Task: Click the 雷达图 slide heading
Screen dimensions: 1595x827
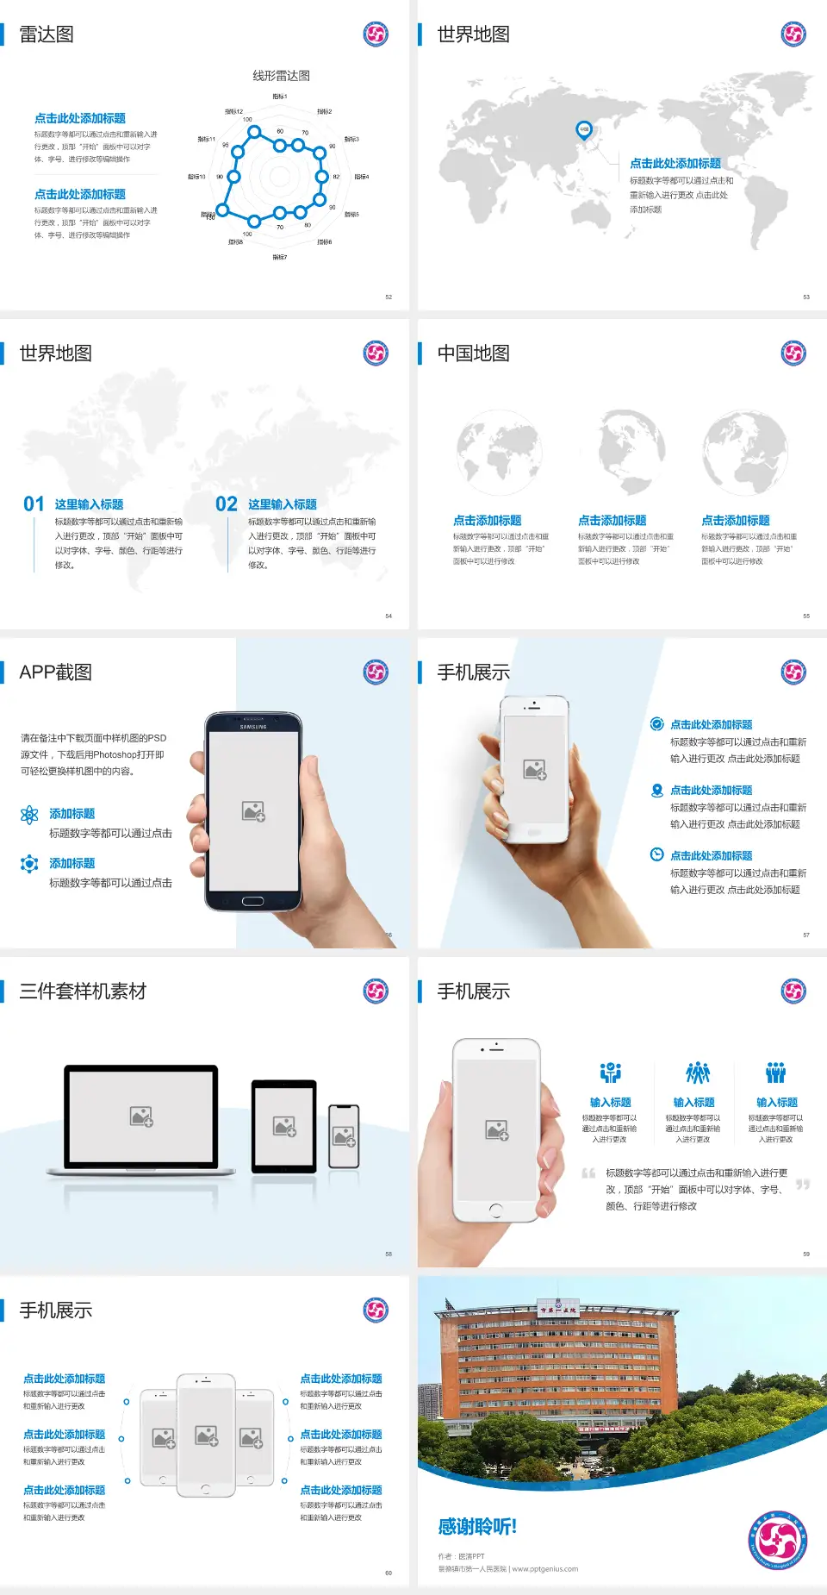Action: (x=47, y=34)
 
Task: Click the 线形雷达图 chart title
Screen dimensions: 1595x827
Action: (x=281, y=76)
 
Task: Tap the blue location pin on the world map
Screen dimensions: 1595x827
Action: (x=583, y=130)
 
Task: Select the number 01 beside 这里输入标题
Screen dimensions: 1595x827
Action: (x=34, y=504)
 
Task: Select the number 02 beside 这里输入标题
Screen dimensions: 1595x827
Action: (x=227, y=504)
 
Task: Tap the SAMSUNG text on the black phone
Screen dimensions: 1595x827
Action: (x=253, y=727)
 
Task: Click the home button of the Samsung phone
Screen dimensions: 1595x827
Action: (x=252, y=901)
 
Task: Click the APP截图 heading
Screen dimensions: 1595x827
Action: (x=56, y=672)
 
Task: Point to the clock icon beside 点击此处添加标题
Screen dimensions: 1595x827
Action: (x=656, y=854)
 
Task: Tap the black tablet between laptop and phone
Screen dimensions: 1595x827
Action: (x=284, y=1125)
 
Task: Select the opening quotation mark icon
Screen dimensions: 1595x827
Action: (x=588, y=1173)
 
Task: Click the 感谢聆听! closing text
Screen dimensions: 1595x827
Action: (x=476, y=1527)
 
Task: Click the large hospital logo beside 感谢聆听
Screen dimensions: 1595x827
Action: (x=777, y=1540)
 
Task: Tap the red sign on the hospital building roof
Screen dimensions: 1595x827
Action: (x=557, y=1310)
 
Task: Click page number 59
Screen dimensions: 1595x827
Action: (x=806, y=1254)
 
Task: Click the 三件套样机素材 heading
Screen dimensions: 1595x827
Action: (x=83, y=991)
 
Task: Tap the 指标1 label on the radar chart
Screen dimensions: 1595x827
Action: (x=280, y=97)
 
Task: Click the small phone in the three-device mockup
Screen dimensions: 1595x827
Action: (x=344, y=1136)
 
